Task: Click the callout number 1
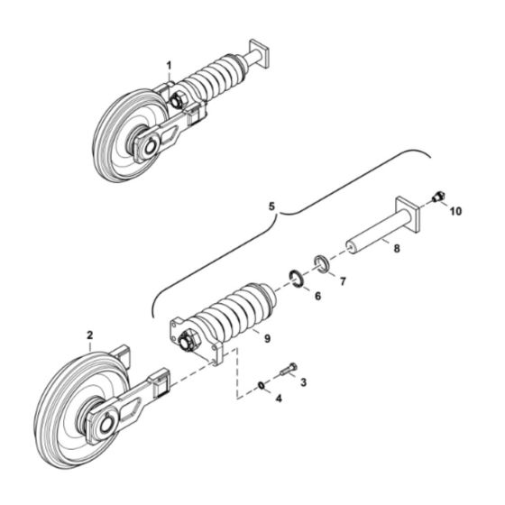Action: [x=168, y=64]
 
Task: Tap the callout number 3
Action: [x=302, y=382]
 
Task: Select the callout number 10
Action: [x=456, y=211]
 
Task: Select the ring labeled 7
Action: [x=320, y=263]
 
